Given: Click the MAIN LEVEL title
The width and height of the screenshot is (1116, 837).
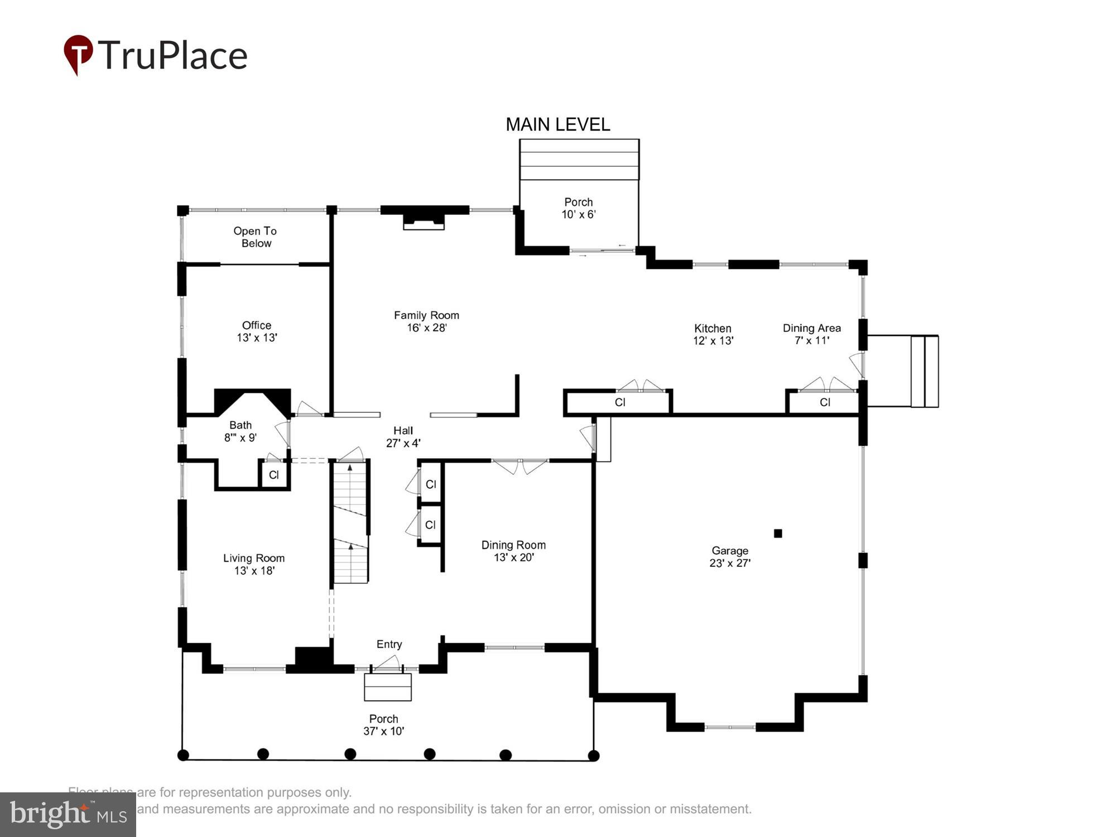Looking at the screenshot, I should coord(557,124).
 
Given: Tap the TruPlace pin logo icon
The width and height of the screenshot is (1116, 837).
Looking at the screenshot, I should coord(78,54).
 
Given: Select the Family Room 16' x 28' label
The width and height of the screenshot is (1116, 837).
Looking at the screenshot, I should coord(426,321).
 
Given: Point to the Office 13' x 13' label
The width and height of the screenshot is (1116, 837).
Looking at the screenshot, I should coord(257,331).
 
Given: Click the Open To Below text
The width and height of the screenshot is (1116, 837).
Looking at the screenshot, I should coord(255,237).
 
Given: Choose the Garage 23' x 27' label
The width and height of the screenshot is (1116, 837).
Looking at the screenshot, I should coord(730,557).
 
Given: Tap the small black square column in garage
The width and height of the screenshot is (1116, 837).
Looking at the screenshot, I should coord(778,533).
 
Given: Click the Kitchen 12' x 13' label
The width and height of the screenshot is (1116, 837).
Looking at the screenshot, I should coord(713,334).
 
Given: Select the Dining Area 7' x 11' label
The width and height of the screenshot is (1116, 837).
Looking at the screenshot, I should coord(811,334).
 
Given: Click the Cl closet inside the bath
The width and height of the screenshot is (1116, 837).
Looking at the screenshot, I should coord(274,475).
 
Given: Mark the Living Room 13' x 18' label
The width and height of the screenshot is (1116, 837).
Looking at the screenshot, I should coord(254,564).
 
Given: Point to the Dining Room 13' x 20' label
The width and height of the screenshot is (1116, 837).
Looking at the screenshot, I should coord(513,551).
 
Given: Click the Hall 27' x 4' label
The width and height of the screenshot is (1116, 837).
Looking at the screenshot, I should coord(403,436).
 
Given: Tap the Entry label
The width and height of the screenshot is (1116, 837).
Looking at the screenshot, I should coord(389,644).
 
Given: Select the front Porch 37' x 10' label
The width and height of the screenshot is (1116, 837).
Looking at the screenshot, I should coord(383,725).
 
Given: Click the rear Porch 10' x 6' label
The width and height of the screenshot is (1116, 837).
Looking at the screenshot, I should coord(578,208).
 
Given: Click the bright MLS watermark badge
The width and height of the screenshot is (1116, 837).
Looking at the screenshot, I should coord(68,814).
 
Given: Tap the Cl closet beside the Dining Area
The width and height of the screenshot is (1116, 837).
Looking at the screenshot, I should coord(825,402).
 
